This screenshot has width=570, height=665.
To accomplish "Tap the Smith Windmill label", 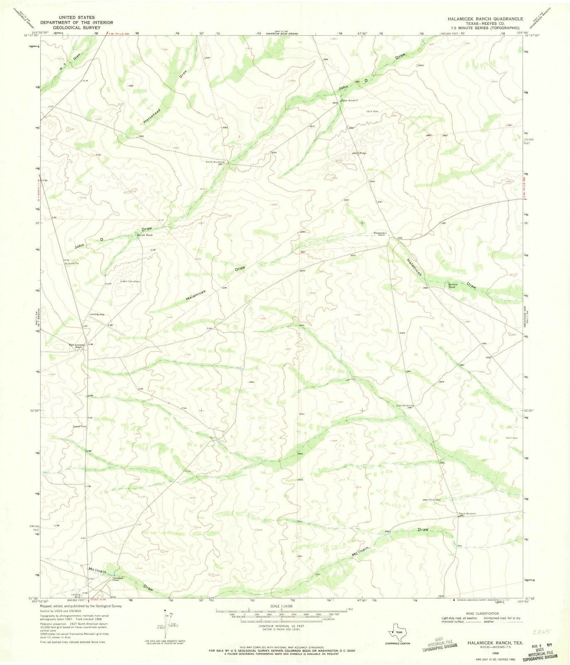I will coord(215,162).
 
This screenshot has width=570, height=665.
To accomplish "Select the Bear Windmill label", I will coord(349,100).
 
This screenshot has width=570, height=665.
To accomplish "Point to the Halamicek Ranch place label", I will coord(380,234).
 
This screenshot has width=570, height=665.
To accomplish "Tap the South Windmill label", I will coord(466,514).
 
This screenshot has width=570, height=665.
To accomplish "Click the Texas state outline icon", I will coord(396,633).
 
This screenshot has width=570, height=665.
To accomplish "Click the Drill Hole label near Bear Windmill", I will coord(372,111).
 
